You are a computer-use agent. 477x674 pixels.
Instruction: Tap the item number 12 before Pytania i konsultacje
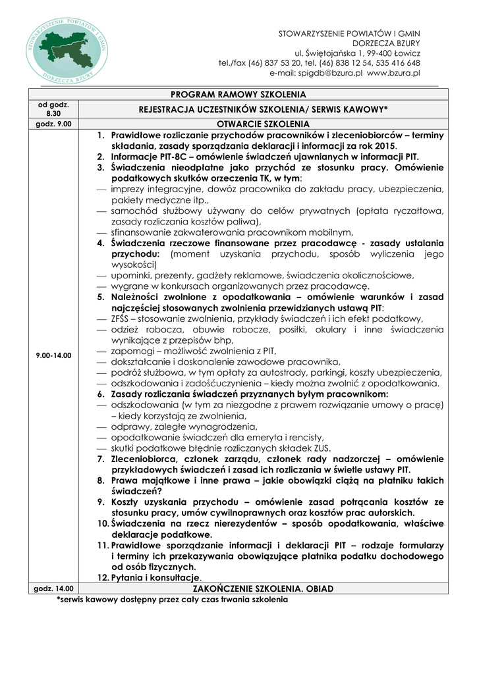[x=103, y=577]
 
